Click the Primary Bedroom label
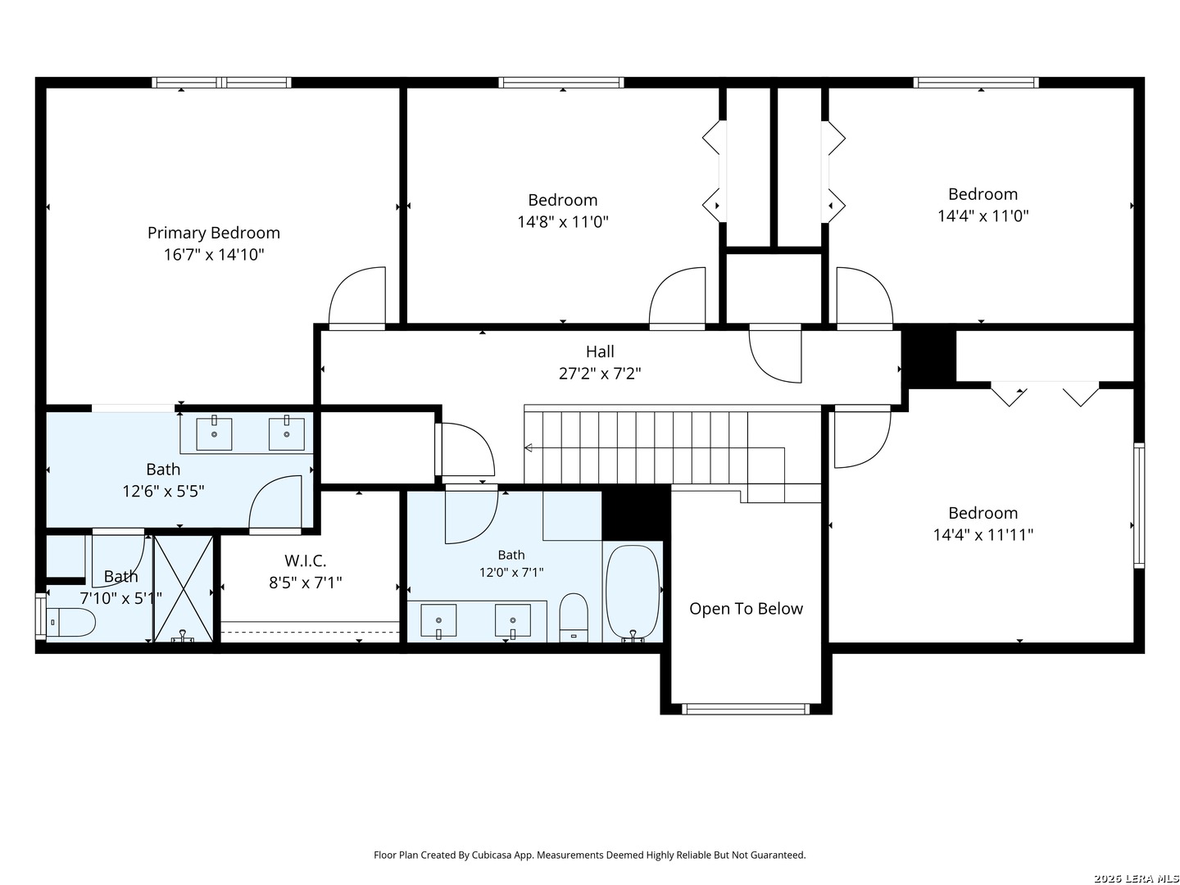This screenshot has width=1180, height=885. click(213, 233)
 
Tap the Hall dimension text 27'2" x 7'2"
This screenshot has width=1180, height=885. click(599, 373)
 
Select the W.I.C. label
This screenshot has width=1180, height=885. click(305, 560)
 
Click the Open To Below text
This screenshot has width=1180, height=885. click(746, 608)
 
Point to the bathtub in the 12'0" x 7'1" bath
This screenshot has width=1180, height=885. click(632, 592)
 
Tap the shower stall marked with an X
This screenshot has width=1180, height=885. click(184, 588)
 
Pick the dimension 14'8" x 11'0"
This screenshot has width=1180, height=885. click(562, 221)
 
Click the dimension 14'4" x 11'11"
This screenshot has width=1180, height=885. click(983, 534)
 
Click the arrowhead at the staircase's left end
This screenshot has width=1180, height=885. click(528, 447)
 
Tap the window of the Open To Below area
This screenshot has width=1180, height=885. click(745, 709)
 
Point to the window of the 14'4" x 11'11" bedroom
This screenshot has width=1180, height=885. click(1138, 506)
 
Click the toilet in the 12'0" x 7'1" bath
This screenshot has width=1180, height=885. click(573, 617)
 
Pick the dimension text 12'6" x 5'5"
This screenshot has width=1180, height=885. click(163, 491)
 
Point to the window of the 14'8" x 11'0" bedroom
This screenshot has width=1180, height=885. click(560, 82)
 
